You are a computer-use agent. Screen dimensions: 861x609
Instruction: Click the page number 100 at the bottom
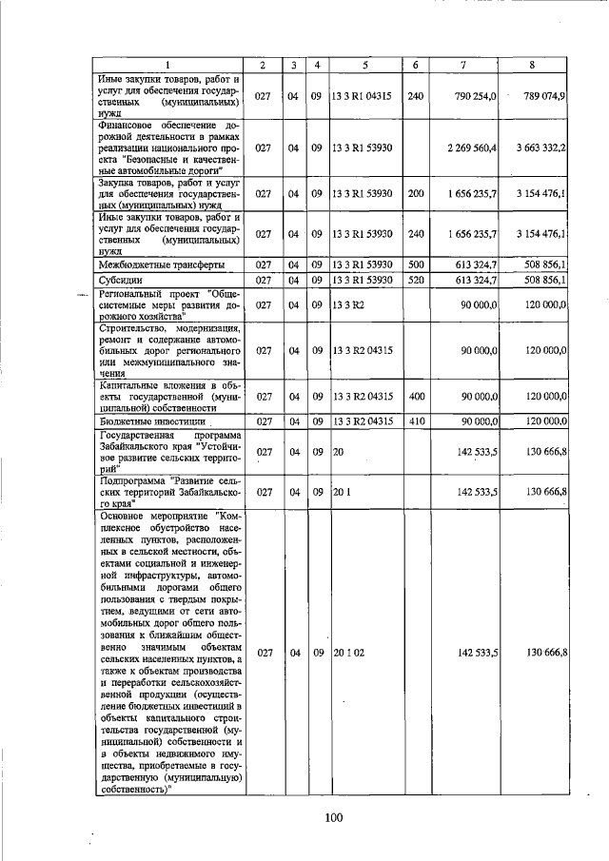tap(332, 817)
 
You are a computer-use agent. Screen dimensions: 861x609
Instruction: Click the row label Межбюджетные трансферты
tap(148, 264)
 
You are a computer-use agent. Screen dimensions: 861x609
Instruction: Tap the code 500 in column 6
tap(415, 264)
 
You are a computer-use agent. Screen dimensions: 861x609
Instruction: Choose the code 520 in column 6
tap(415, 280)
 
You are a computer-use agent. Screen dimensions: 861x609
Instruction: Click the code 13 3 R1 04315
tap(362, 96)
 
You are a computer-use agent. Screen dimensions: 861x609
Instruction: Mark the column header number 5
tap(364, 65)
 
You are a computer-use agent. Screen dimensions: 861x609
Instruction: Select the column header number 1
tap(169, 65)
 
